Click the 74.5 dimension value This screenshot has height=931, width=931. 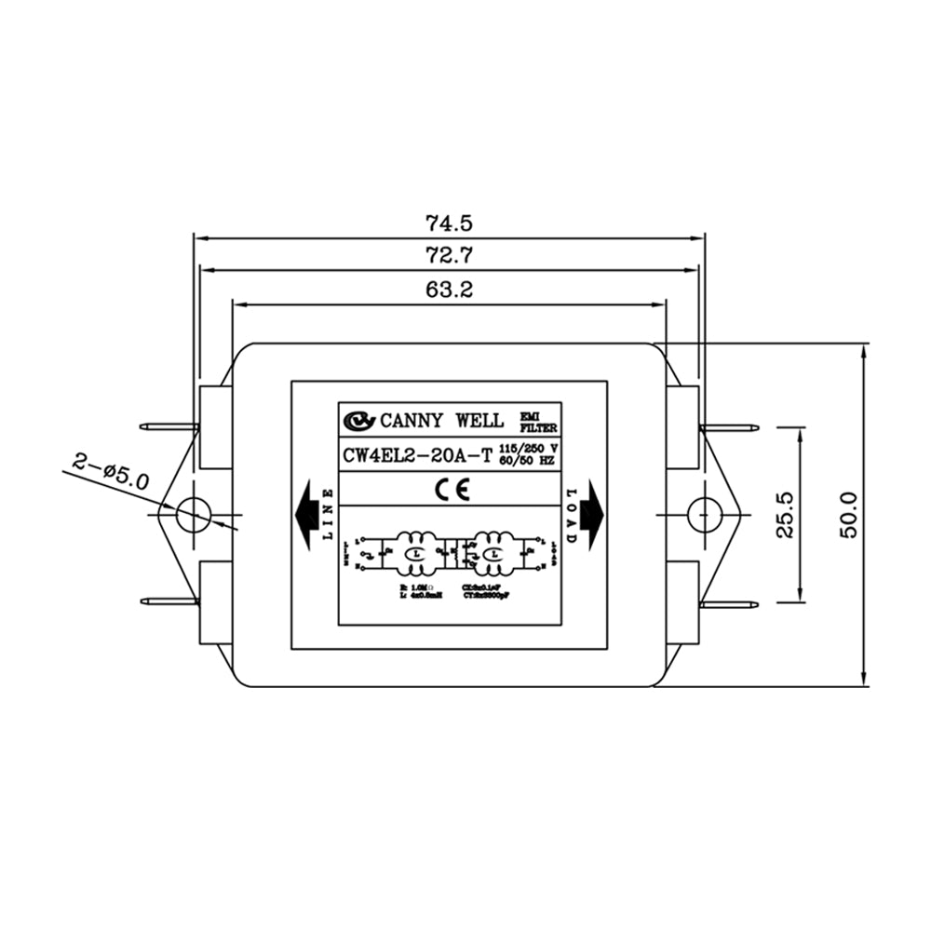click(x=450, y=223)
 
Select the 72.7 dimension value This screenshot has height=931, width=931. click(x=450, y=256)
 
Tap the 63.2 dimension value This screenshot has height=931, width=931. click(x=450, y=290)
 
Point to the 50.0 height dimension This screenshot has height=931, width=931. click(x=848, y=515)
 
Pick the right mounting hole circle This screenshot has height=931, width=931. click(x=705, y=514)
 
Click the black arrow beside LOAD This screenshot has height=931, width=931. click(x=593, y=514)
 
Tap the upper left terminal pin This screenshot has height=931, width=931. click(x=169, y=427)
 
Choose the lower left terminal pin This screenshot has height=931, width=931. click(x=169, y=601)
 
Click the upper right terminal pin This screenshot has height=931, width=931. click(x=730, y=428)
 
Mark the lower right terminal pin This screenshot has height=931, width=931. click(x=730, y=604)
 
